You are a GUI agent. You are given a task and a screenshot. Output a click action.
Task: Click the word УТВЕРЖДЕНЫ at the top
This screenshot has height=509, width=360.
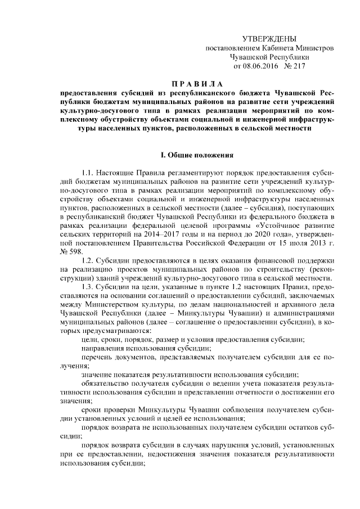pyautogui.click(x=269, y=38)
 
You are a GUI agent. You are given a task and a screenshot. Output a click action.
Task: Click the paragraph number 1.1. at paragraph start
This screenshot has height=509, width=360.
pyautogui.click(x=88, y=172)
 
